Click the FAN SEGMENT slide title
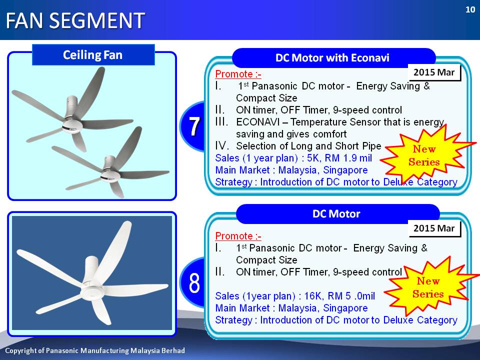(75, 20)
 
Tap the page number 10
(470, 10)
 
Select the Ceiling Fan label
(93, 55)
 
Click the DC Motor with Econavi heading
(332, 58)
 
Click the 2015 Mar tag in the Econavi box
(434, 72)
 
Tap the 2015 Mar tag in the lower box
(434, 228)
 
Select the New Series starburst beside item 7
(425, 155)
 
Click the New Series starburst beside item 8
(428, 287)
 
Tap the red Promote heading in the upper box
(238, 74)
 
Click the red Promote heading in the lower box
(238, 236)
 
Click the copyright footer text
(95, 350)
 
